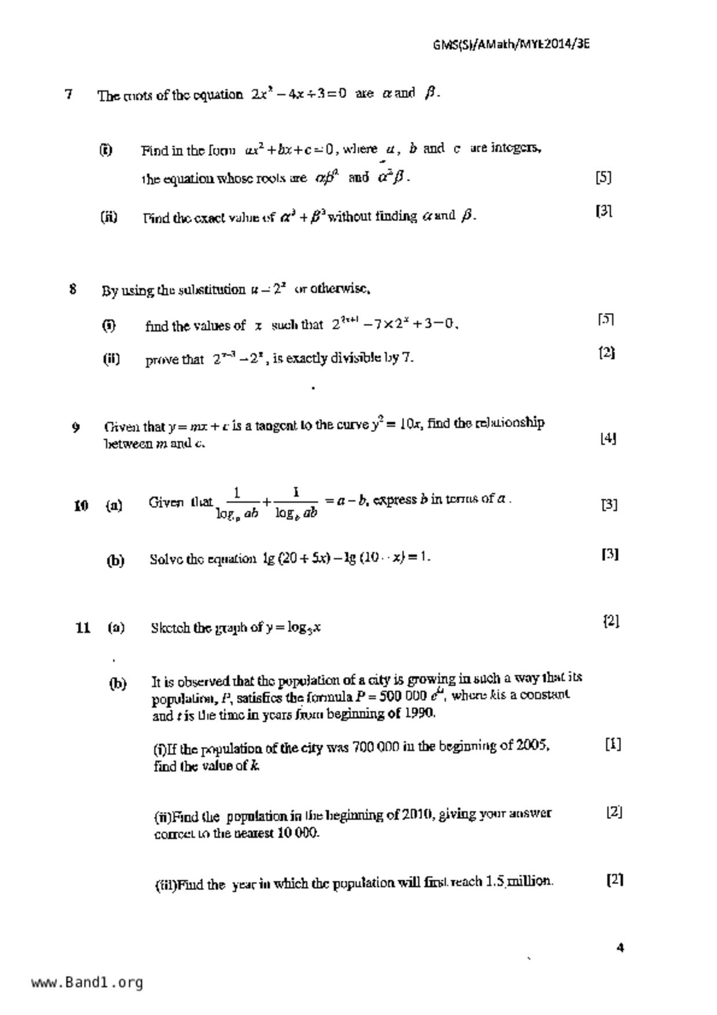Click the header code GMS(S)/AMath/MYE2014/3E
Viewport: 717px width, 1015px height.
coord(512,45)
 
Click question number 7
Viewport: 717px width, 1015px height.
coord(69,94)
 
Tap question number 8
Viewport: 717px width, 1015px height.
coord(73,289)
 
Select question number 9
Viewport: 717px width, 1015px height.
coord(76,428)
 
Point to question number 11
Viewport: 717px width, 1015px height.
coord(83,627)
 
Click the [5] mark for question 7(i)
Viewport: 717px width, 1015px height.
coord(603,177)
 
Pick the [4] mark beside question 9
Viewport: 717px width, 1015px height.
coord(608,438)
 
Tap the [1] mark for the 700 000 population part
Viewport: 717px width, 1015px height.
coord(613,744)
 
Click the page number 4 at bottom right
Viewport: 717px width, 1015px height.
coord(620,948)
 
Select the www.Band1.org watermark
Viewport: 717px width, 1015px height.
coord(87,982)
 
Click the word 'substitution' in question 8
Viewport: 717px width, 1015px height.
coord(212,289)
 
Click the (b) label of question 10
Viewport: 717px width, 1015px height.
coord(115,560)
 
